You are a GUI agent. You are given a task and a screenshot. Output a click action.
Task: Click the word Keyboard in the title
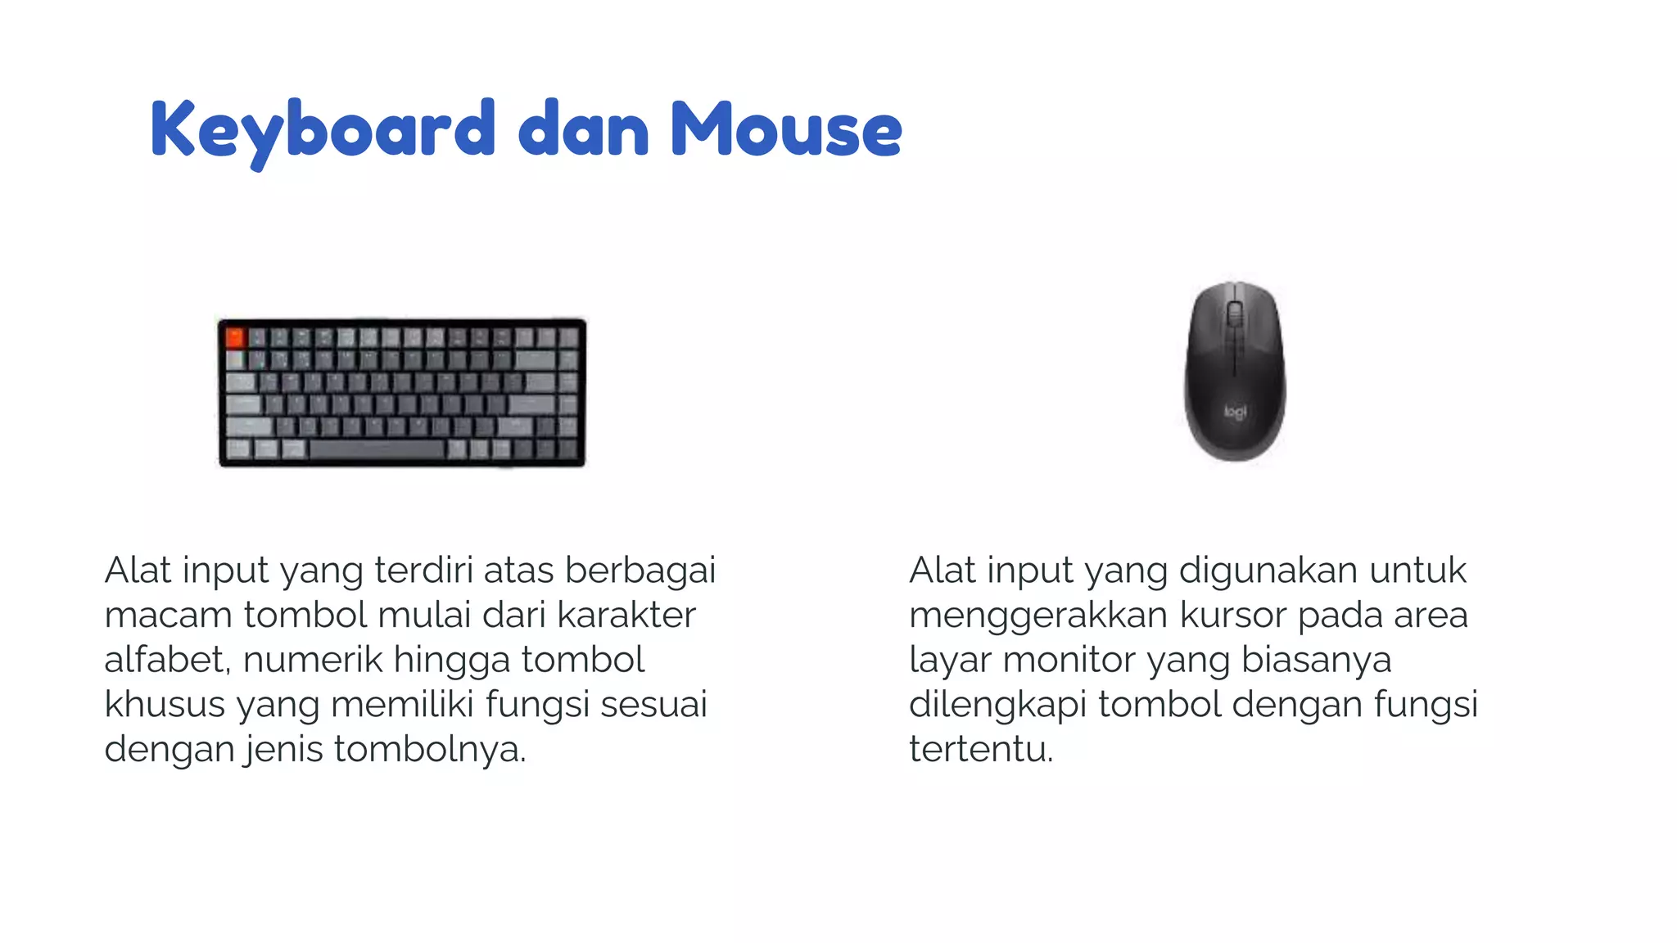(x=323, y=129)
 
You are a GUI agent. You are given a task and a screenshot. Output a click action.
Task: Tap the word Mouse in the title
(x=786, y=129)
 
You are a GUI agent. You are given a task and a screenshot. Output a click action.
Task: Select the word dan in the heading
(x=584, y=129)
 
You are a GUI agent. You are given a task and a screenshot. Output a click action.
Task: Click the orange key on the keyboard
(x=235, y=336)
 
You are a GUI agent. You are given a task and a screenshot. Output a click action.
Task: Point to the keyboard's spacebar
(x=377, y=449)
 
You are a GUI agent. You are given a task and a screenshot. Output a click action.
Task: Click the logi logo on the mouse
(x=1235, y=411)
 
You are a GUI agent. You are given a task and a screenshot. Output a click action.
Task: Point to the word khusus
(x=165, y=705)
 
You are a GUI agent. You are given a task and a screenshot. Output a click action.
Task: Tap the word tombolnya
(x=429, y=750)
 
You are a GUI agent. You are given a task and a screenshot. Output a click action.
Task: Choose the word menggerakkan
(x=1037, y=616)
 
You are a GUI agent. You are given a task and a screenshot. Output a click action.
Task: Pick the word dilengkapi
(x=997, y=705)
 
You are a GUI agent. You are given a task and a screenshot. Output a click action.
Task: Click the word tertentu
(x=980, y=750)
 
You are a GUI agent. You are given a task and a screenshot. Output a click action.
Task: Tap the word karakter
(x=626, y=616)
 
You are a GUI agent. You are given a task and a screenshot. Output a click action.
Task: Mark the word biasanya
(x=1316, y=660)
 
